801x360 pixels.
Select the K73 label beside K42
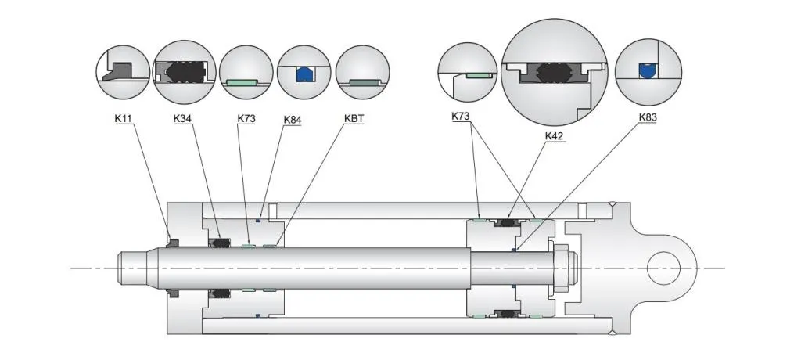click(x=462, y=117)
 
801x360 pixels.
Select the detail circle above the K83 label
click(x=648, y=72)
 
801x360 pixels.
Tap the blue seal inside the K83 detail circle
click(x=645, y=70)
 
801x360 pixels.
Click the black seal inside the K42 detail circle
click(x=555, y=76)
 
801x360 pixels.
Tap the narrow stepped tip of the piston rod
click(x=133, y=268)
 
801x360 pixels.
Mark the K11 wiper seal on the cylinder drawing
click(x=174, y=239)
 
